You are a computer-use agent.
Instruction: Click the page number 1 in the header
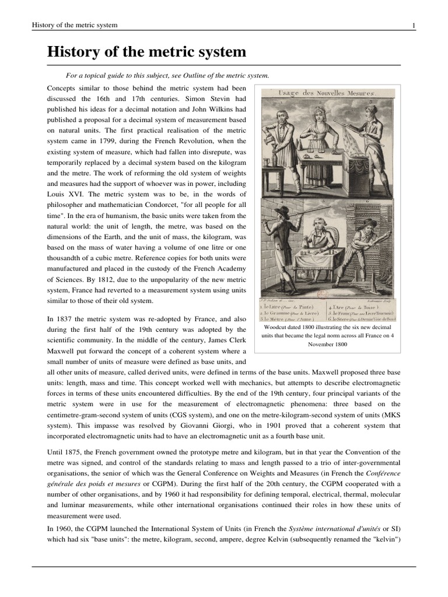pos(413,25)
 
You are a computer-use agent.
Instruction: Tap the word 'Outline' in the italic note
pos(199,75)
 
